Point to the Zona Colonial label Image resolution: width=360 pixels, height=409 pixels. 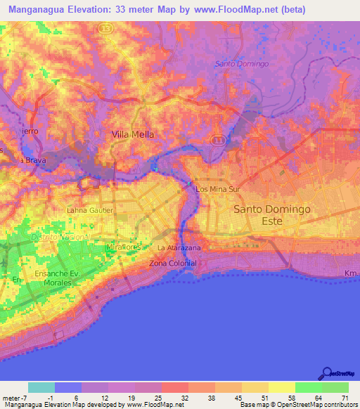[173, 263]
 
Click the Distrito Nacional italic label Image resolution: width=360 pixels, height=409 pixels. [60, 237]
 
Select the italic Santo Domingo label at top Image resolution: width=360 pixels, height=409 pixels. [242, 64]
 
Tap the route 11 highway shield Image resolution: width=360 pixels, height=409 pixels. [219, 140]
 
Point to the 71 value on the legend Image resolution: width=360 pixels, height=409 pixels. [345, 397]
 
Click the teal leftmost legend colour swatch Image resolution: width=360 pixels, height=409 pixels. [41, 387]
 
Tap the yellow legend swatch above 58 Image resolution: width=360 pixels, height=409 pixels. [281, 387]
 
